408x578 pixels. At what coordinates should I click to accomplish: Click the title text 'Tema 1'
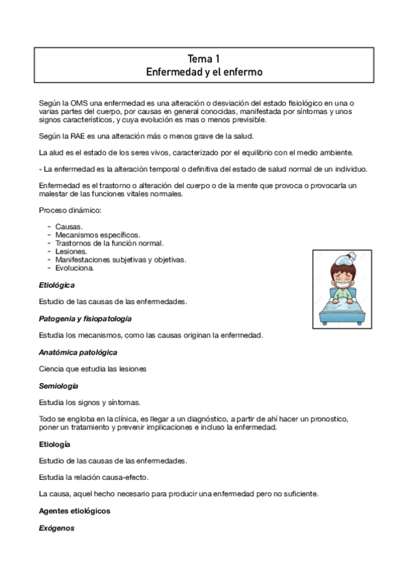pos(204,59)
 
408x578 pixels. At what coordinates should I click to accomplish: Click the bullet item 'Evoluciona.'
pos(75,267)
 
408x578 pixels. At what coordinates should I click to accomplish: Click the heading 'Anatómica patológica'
pos(78,352)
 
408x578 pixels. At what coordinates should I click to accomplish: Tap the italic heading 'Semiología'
pos(59,386)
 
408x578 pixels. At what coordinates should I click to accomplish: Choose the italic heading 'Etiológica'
pos(57,284)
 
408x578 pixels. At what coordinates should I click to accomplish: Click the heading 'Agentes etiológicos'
pos(74,511)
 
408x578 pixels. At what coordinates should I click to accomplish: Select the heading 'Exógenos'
pos(57,528)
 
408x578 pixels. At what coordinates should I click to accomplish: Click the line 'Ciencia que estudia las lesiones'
pos(93,369)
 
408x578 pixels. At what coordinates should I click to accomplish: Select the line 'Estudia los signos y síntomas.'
pos(90,402)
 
